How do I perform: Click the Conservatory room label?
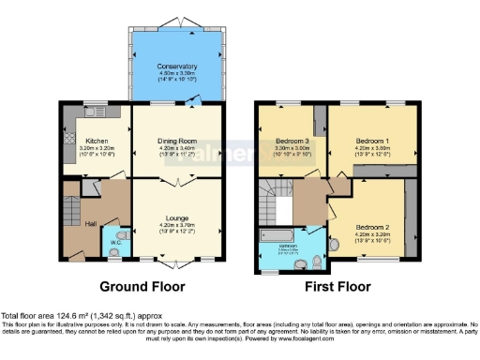coord(177,67)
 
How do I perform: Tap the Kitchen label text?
coord(97,140)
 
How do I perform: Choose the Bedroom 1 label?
coord(371,138)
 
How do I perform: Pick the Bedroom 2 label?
coord(371,226)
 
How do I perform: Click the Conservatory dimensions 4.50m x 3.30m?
coord(177,73)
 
